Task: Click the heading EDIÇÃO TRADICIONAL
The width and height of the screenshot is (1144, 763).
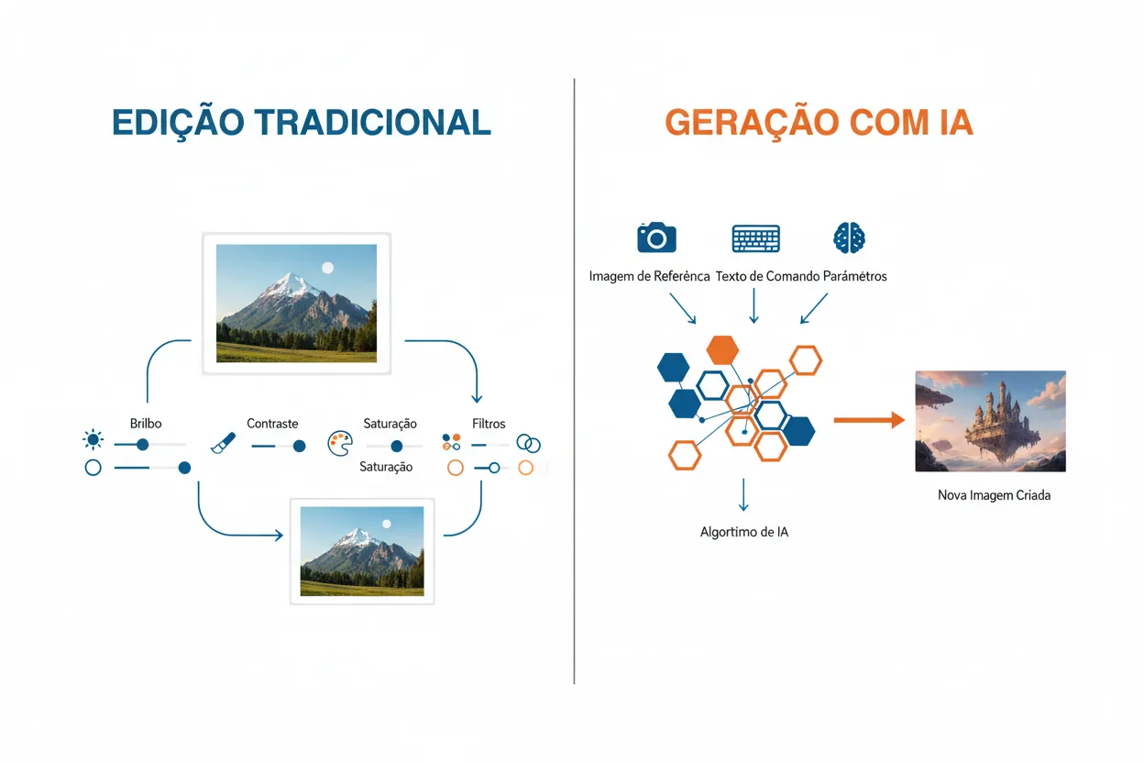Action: click(301, 123)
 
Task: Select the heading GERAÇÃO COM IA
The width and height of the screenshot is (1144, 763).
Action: click(819, 123)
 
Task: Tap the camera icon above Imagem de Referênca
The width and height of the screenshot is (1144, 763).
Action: click(656, 237)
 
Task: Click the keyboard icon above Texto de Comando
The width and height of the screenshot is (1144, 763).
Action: click(755, 238)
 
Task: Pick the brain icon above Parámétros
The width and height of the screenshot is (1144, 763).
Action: click(849, 238)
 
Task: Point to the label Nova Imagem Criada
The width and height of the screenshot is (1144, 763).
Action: click(994, 495)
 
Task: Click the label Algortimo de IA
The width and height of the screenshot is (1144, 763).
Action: click(743, 532)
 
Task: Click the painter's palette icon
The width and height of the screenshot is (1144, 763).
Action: click(339, 445)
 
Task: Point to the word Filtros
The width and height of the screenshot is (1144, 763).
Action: click(489, 424)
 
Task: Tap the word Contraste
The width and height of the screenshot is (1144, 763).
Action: click(272, 424)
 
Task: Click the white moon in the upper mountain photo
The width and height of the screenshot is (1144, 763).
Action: click(327, 267)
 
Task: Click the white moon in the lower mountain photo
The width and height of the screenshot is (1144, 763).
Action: click(386, 524)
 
